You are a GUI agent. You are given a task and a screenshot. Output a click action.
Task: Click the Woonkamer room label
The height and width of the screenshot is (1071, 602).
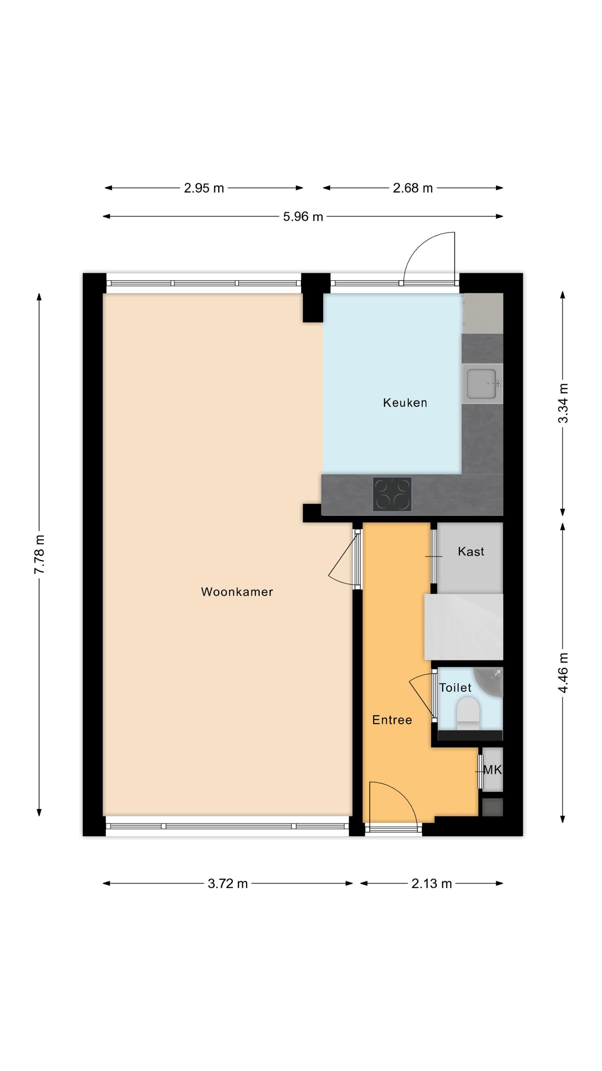tap(237, 592)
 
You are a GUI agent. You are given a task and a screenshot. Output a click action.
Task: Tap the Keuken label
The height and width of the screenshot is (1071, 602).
tap(405, 402)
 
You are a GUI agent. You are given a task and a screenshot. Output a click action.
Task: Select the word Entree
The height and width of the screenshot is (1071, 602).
tap(392, 720)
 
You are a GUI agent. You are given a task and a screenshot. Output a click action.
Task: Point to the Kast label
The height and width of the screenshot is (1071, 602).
tap(471, 551)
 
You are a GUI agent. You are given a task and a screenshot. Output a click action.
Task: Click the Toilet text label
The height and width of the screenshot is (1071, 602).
tap(455, 688)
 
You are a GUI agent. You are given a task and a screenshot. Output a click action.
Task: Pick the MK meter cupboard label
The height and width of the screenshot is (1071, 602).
tap(493, 770)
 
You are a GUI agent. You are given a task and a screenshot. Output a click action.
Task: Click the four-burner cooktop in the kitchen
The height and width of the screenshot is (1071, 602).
tap(392, 494)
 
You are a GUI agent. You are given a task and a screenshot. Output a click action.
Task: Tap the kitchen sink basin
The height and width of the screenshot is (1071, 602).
tap(482, 383)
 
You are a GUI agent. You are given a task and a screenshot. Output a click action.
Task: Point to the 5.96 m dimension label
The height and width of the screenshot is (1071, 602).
tap(303, 217)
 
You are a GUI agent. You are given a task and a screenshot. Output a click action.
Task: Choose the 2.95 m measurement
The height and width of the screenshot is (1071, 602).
tap(204, 188)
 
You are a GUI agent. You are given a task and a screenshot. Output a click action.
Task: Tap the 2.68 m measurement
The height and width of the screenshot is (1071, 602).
tap(413, 188)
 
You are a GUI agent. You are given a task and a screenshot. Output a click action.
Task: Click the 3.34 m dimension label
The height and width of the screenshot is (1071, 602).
tap(562, 403)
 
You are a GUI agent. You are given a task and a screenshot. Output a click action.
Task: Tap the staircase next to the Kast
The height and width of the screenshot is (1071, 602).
tap(464, 627)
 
